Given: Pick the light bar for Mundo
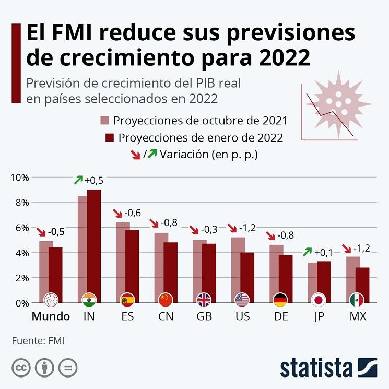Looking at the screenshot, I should coord(46,266).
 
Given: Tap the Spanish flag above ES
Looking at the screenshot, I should coord(127,299).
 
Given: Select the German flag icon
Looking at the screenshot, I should coord(280,299).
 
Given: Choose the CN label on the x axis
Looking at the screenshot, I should coord(166,317).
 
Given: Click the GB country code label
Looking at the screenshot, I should coord(204,317).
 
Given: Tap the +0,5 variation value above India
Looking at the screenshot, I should coord(94,180).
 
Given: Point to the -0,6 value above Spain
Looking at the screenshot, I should coord(132,213).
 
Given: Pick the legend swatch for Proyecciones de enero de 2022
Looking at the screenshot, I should coord(109,138).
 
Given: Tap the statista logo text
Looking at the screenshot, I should coord(316,367).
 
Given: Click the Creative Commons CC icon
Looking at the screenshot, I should coord(20,367).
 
